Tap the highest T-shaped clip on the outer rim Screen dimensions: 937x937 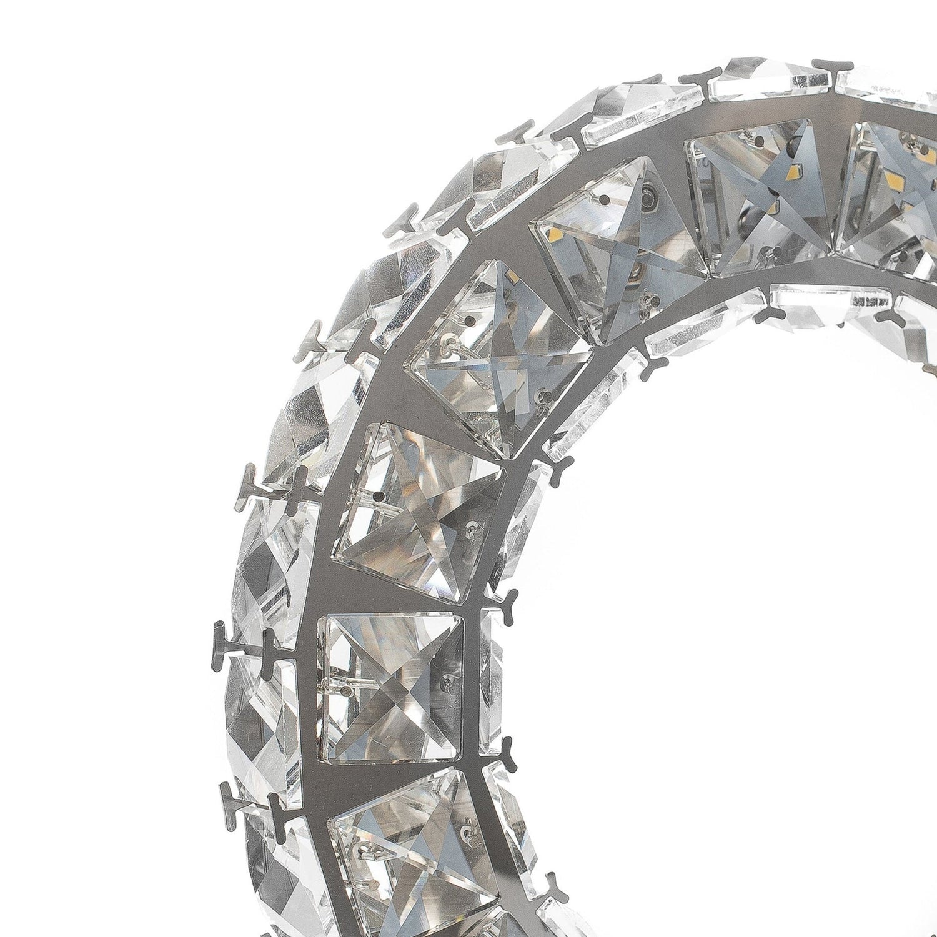point(831,69)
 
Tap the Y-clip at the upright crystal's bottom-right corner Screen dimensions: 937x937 point(505,747)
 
